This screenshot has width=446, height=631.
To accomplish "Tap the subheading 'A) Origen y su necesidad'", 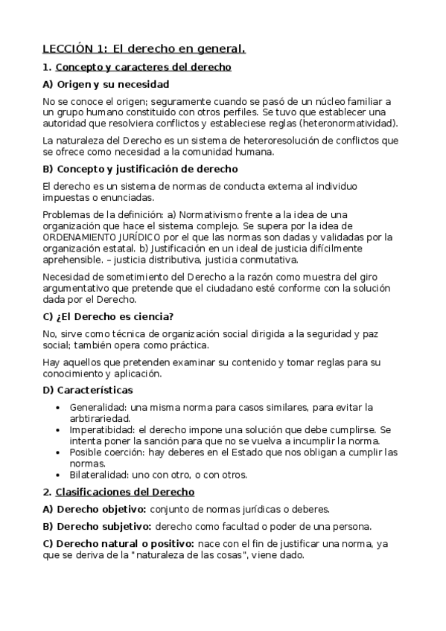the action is [x=106, y=84].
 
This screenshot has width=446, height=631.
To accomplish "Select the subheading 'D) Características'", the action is [x=88, y=389].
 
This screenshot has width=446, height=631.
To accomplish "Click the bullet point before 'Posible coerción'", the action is [x=59, y=452].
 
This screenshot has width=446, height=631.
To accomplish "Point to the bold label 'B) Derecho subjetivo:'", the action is [x=95, y=526].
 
